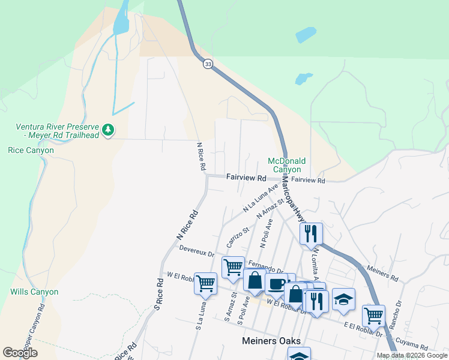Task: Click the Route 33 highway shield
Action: coord(208,64)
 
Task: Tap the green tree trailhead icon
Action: coord(108,130)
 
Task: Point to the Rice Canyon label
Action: coord(31,151)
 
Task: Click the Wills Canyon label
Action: coord(34,292)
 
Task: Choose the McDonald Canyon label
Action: coord(286,166)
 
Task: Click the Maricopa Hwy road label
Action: coord(294,207)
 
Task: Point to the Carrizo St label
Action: coord(238,238)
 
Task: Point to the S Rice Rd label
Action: coord(158,294)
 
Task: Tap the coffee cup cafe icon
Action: coord(276,284)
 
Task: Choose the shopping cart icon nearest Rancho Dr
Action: coord(373,315)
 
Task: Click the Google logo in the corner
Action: coord(20,353)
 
